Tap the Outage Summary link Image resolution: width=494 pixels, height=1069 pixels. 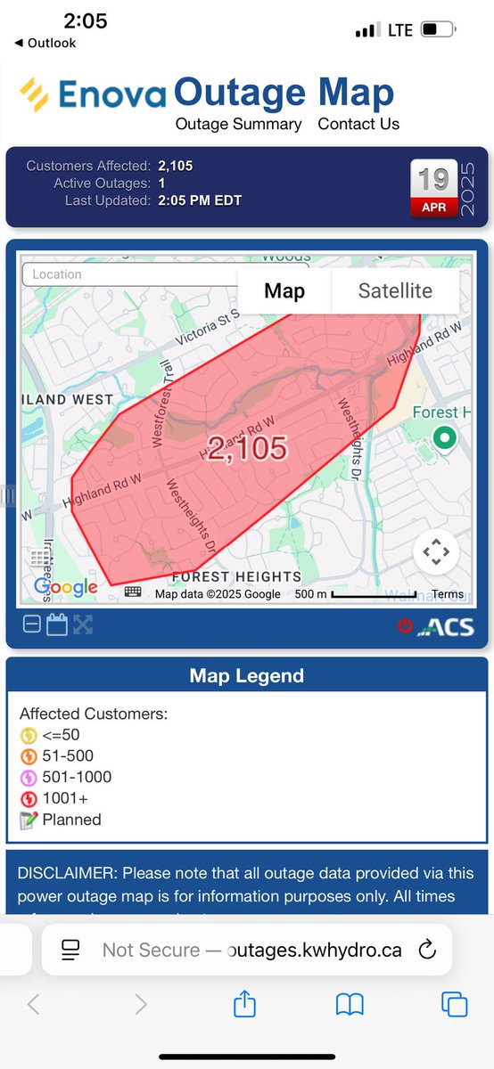238,124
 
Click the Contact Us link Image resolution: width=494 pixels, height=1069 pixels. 358,124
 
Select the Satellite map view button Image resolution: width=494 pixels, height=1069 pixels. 395,290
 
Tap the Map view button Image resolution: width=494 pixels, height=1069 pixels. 284,290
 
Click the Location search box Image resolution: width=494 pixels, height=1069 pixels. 125,274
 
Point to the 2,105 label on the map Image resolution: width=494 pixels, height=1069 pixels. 247,448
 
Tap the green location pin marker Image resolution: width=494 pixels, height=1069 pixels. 444,438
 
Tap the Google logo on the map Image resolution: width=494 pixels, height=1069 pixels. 65,587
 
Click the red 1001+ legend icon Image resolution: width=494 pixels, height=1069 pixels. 29,799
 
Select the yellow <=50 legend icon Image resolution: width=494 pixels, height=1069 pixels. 29,735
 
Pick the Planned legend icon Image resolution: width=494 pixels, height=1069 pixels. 29,820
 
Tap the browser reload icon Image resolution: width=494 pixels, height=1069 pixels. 427,950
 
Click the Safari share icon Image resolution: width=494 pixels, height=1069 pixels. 243,1005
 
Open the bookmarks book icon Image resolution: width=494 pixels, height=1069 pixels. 350,1006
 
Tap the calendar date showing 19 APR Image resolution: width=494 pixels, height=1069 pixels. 434,189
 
